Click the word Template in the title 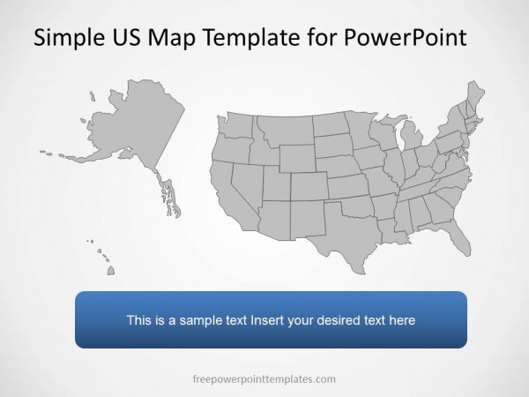click(253, 38)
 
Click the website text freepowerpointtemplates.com click(264, 379)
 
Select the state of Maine click(475, 98)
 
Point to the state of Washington click(235, 126)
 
